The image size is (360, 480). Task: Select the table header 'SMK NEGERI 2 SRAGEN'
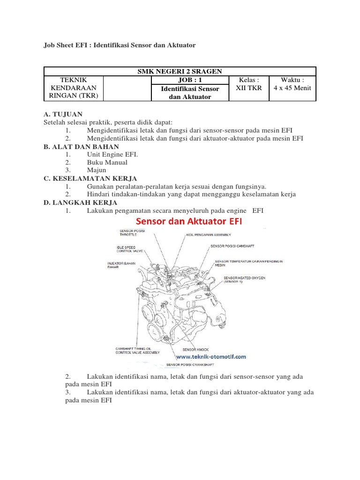(x=180, y=71)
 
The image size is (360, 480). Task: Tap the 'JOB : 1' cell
(x=189, y=80)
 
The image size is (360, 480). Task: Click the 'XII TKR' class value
(x=249, y=88)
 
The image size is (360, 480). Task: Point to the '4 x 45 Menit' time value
(x=292, y=88)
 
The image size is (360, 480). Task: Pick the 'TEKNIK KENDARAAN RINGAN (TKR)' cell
(x=73, y=88)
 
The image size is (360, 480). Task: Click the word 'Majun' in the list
(x=96, y=170)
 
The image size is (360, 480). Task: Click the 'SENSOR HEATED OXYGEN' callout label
(x=244, y=280)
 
